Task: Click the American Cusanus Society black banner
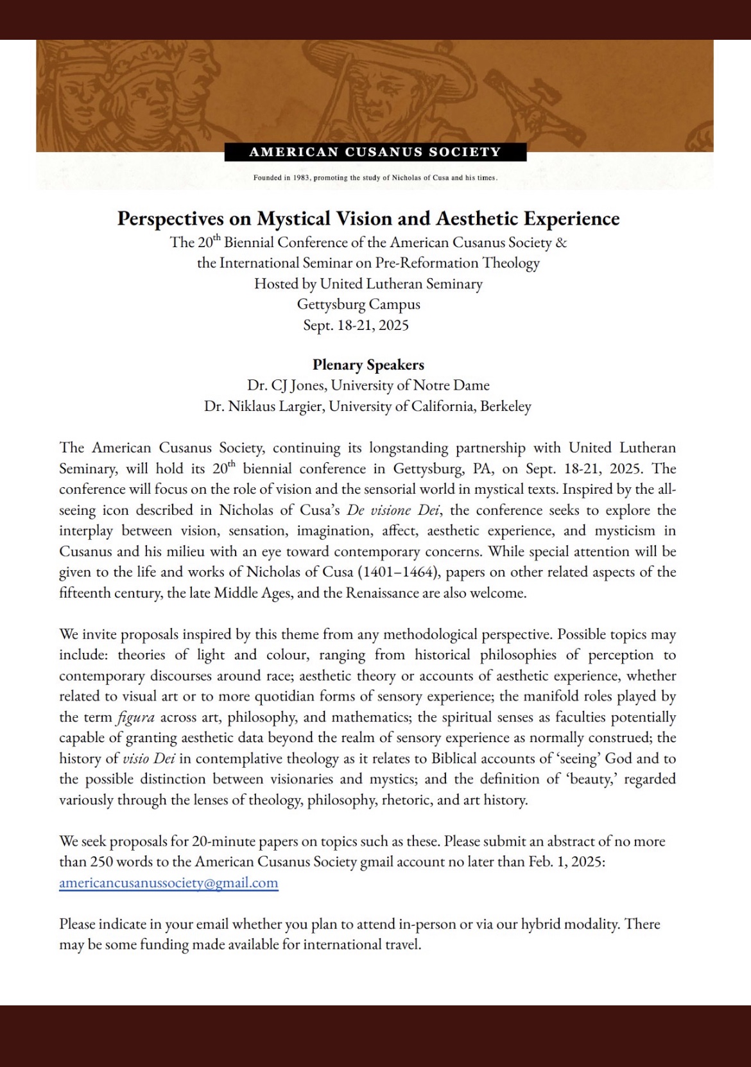pyautogui.click(x=375, y=152)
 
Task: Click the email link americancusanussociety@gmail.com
pyautogui.click(x=168, y=883)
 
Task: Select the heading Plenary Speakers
pyautogui.click(x=368, y=365)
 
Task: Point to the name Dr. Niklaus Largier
pyautogui.click(x=263, y=406)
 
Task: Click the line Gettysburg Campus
pyautogui.click(x=358, y=304)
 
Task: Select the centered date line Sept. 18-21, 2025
pyautogui.click(x=356, y=325)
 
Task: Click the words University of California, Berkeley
pyautogui.click(x=430, y=406)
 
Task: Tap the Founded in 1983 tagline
pyautogui.click(x=375, y=177)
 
